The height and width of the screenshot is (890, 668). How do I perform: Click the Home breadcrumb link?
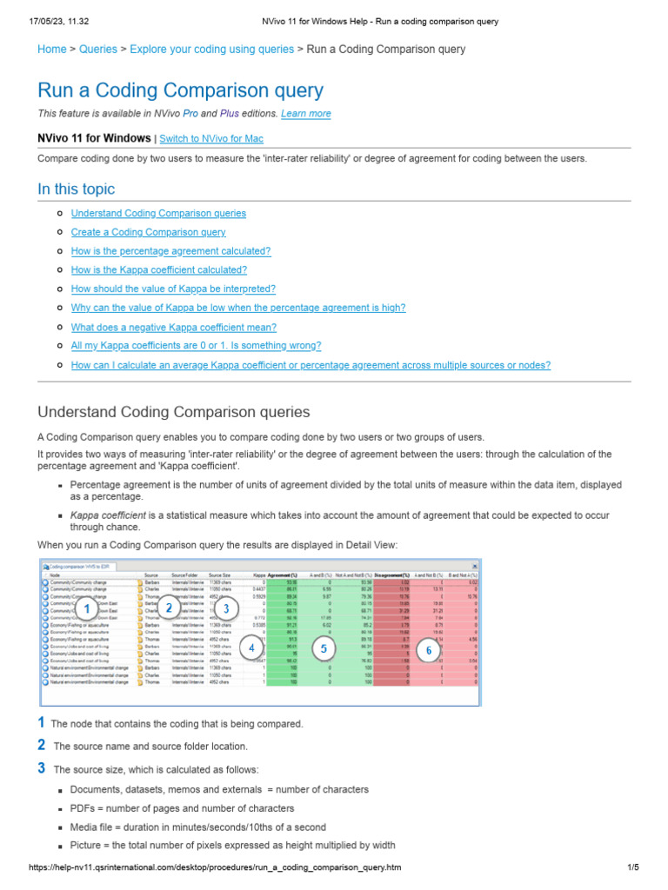(x=51, y=50)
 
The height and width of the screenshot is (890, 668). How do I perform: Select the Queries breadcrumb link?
(x=97, y=50)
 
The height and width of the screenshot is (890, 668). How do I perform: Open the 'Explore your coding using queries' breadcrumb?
(x=211, y=50)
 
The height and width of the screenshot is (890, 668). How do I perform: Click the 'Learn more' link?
(x=305, y=114)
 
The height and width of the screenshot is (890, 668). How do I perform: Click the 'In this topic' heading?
(x=76, y=189)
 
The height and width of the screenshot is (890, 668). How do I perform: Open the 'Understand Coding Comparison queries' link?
(x=158, y=213)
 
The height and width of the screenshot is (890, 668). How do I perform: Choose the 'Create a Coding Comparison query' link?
(x=148, y=232)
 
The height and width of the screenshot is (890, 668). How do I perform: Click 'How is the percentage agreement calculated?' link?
(x=170, y=251)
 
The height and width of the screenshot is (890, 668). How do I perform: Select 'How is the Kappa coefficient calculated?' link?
(x=158, y=270)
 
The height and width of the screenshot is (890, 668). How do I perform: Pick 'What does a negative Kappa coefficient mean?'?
(x=173, y=328)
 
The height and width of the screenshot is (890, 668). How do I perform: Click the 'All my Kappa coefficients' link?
(x=196, y=346)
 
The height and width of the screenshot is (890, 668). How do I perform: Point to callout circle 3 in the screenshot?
(x=225, y=608)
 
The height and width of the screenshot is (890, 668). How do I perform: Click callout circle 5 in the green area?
(x=323, y=648)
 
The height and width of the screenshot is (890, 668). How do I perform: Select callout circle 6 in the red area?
(x=428, y=649)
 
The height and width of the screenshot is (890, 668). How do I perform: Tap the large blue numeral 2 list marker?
(x=41, y=745)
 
